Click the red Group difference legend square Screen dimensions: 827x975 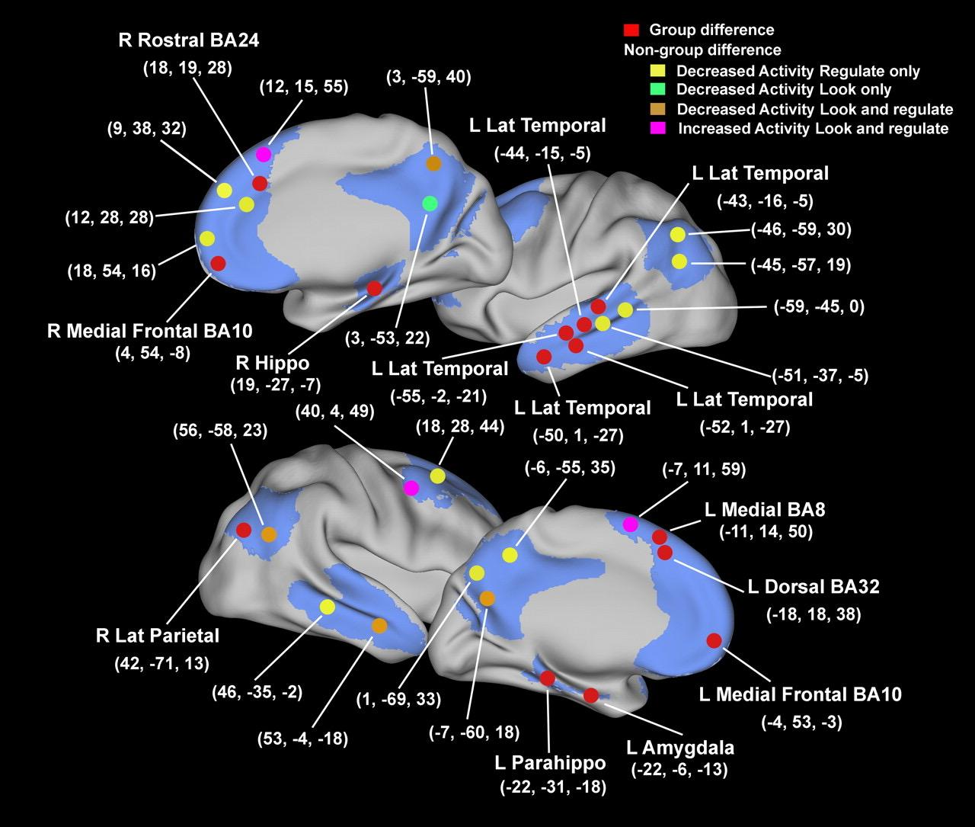click(630, 30)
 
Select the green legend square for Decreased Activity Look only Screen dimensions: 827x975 click(657, 90)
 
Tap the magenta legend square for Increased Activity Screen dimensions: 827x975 click(657, 128)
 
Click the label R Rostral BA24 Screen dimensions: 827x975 click(189, 40)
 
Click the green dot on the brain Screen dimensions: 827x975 click(430, 204)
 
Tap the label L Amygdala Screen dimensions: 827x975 click(679, 748)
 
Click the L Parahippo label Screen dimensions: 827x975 click(550, 763)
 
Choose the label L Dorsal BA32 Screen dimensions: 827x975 click(814, 586)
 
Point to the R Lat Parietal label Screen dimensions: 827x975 click(158, 635)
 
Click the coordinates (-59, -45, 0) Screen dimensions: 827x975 click(819, 307)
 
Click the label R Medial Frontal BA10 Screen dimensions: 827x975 click(149, 331)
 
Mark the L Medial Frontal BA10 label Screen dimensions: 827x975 click(800, 694)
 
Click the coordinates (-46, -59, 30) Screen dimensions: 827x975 click(801, 229)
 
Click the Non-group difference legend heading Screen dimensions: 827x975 click(702, 50)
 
